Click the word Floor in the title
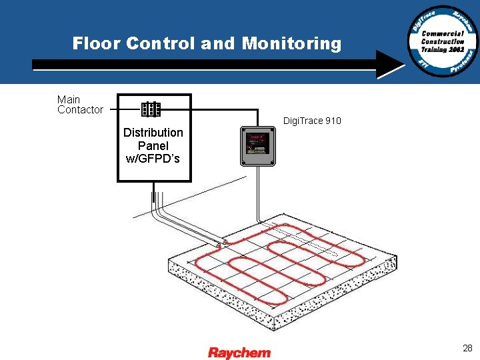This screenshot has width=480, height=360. coord(96,44)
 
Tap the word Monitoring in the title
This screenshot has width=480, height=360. coord(291,44)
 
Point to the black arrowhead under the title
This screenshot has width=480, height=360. coord(390,65)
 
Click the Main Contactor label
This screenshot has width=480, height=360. coord(80,105)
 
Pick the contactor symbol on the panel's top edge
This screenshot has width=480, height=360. coord(151,109)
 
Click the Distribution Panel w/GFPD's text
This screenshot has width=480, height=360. coord(153,145)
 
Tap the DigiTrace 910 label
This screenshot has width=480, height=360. coord(312,121)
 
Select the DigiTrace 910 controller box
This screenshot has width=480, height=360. coord(257,145)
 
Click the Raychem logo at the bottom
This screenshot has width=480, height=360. coord(239,352)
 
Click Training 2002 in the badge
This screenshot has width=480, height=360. coord(443,49)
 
